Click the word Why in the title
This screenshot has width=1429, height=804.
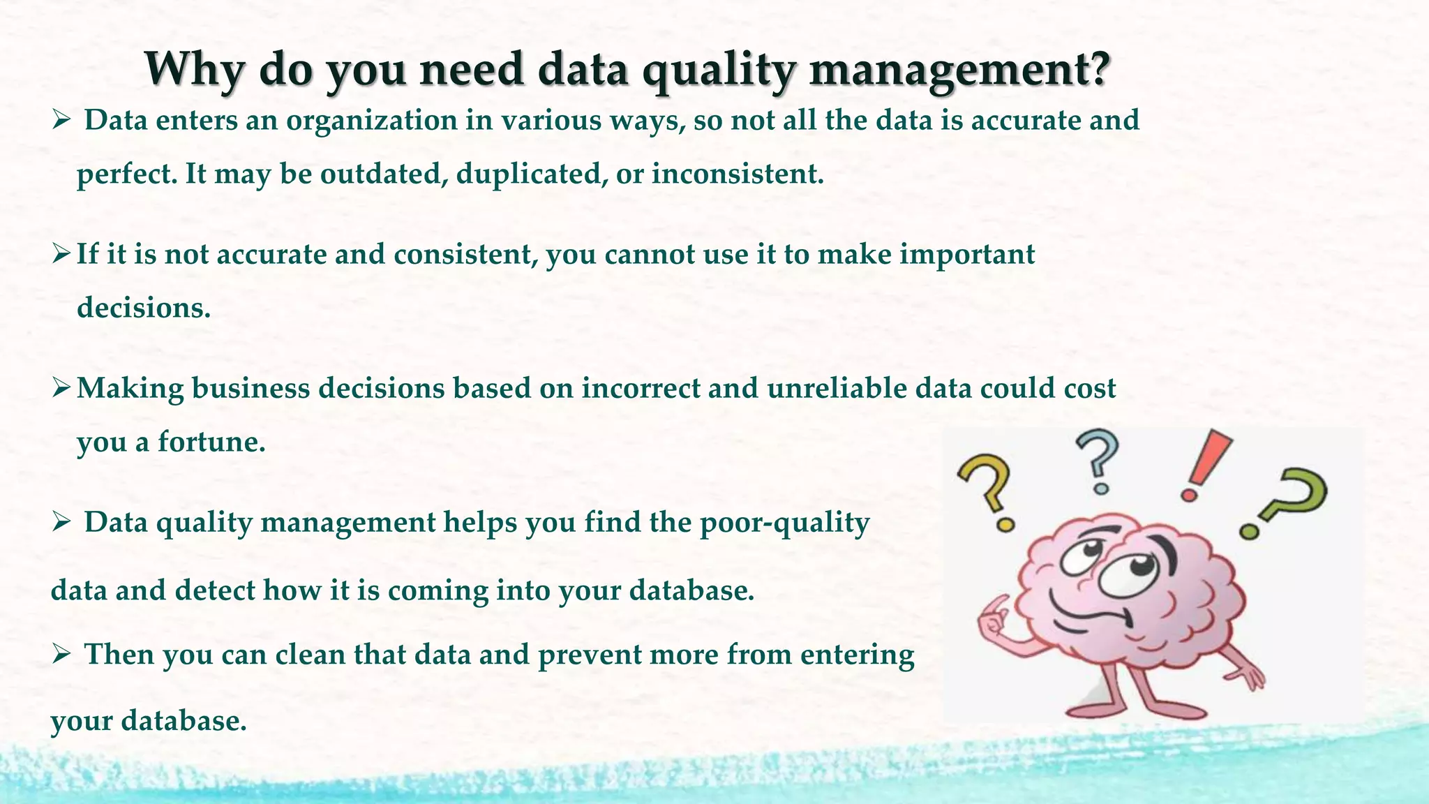pyautogui.click(x=194, y=68)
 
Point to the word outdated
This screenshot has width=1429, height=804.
pyautogui.click(x=384, y=174)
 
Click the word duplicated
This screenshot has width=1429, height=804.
pyautogui.click(x=528, y=174)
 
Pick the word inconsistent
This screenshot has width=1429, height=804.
pyautogui.click(x=738, y=174)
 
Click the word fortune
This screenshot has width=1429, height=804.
pyautogui.click(x=211, y=442)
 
